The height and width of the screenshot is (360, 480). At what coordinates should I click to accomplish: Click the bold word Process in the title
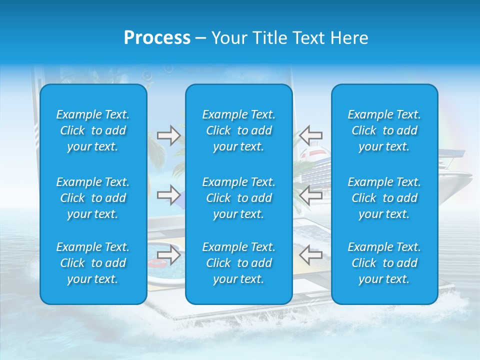(x=157, y=38)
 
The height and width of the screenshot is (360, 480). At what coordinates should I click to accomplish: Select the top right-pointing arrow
(x=168, y=135)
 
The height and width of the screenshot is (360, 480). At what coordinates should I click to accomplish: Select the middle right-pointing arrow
(x=168, y=194)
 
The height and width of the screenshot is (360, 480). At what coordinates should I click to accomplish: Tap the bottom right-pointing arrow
(x=168, y=254)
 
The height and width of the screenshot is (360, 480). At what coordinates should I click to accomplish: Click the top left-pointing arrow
(x=310, y=135)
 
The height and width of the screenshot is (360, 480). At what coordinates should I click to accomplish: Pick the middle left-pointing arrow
(x=310, y=194)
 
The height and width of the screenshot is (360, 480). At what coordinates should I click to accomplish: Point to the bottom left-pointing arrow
(x=310, y=254)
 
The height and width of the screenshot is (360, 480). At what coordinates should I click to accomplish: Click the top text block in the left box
(x=93, y=130)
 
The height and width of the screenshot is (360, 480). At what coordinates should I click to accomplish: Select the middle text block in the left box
(x=93, y=198)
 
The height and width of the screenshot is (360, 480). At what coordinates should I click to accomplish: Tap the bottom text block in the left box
(x=93, y=263)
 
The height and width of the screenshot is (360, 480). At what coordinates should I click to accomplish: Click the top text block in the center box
(x=238, y=130)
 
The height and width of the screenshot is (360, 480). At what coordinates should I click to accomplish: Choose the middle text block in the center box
(x=238, y=198)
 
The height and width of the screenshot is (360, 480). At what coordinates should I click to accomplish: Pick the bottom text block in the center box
(x=238, y=263)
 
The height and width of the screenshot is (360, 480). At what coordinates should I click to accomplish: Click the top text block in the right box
(x=384, y=130)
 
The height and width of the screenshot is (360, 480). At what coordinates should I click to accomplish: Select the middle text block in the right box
(x=384, y=198)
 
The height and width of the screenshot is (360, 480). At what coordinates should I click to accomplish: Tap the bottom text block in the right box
(x=384, y=263)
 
